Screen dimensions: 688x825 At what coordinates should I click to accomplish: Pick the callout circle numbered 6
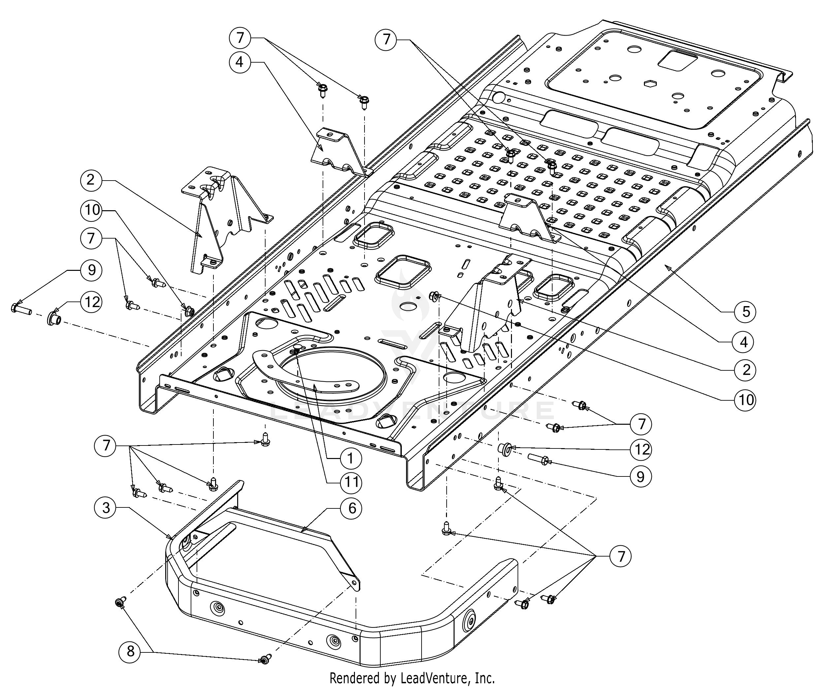[x=352, y=508]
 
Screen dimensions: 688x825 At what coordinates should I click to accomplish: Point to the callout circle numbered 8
[x=130, y=651]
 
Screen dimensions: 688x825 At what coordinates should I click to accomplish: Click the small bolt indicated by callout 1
[x=297, y=348]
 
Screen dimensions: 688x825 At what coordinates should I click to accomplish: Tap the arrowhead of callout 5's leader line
[x=665, y=267]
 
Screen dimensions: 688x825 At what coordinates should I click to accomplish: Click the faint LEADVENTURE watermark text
[x=412, y=410]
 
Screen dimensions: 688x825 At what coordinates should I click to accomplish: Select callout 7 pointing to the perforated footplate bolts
[x=387, y=39]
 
